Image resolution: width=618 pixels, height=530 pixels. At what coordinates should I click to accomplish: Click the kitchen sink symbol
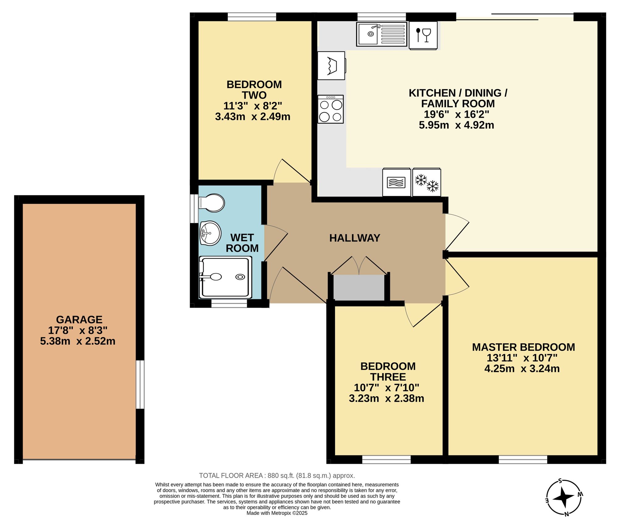pos(382,34)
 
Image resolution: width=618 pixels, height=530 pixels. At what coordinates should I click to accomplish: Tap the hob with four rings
pos(331,109)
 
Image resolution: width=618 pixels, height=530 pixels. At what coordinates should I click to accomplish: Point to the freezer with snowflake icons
pos(427,182)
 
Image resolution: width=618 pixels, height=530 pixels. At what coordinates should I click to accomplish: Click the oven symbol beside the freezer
pos(397,182)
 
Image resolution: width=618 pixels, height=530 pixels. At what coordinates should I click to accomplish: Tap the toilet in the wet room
pos(212,203)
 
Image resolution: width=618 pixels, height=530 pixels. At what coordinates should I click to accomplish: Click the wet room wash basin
pos(210,233)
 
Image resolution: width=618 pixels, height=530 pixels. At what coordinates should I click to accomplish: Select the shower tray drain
pos(240,277)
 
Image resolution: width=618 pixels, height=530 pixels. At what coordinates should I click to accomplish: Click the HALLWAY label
pos(355,238)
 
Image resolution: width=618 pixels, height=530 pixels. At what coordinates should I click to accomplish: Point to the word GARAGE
pos(79,320)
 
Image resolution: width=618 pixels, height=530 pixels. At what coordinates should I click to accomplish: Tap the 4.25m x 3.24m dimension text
pos(522,369)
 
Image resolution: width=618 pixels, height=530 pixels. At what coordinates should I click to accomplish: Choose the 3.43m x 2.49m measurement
pos(253,117)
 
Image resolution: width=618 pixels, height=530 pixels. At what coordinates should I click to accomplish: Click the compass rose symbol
pos(564,498)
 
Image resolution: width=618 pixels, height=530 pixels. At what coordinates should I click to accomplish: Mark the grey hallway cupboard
pos(359,287)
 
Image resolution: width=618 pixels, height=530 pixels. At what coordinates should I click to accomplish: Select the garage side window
pos(140,384)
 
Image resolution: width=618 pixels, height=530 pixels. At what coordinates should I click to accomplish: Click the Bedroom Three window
pos(386,460)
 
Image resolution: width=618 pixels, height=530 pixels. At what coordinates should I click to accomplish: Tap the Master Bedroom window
pos(523,460)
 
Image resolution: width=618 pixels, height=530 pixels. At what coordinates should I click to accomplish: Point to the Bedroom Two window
pos(252,17)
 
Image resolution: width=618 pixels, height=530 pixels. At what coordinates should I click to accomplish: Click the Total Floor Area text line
pos(277,476)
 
